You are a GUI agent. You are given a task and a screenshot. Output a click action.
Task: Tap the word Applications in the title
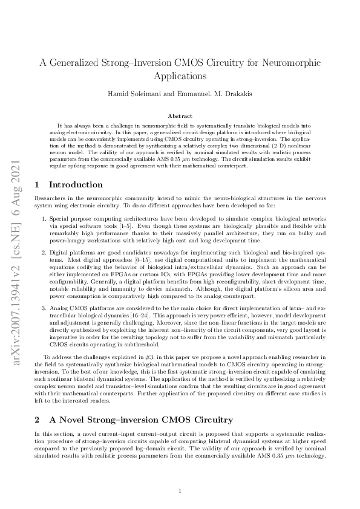click(180, 76)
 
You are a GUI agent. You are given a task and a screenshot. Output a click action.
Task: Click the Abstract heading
click(180, 115)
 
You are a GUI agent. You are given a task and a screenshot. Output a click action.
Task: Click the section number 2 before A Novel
click(38, 419)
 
